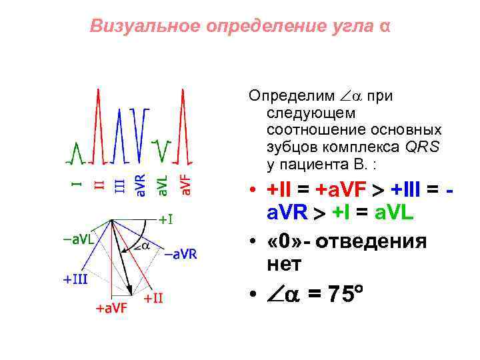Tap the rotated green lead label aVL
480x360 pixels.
click(162, 186)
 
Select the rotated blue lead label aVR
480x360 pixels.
click(141, 186)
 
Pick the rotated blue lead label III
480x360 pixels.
click(119, 185)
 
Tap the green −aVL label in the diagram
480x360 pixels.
click(78, 238)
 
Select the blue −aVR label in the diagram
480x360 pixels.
click(180, 253)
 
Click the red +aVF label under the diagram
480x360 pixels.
click(112, 309)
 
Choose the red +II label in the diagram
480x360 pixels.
click(153, 298)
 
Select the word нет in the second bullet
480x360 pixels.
click(284, 265)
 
